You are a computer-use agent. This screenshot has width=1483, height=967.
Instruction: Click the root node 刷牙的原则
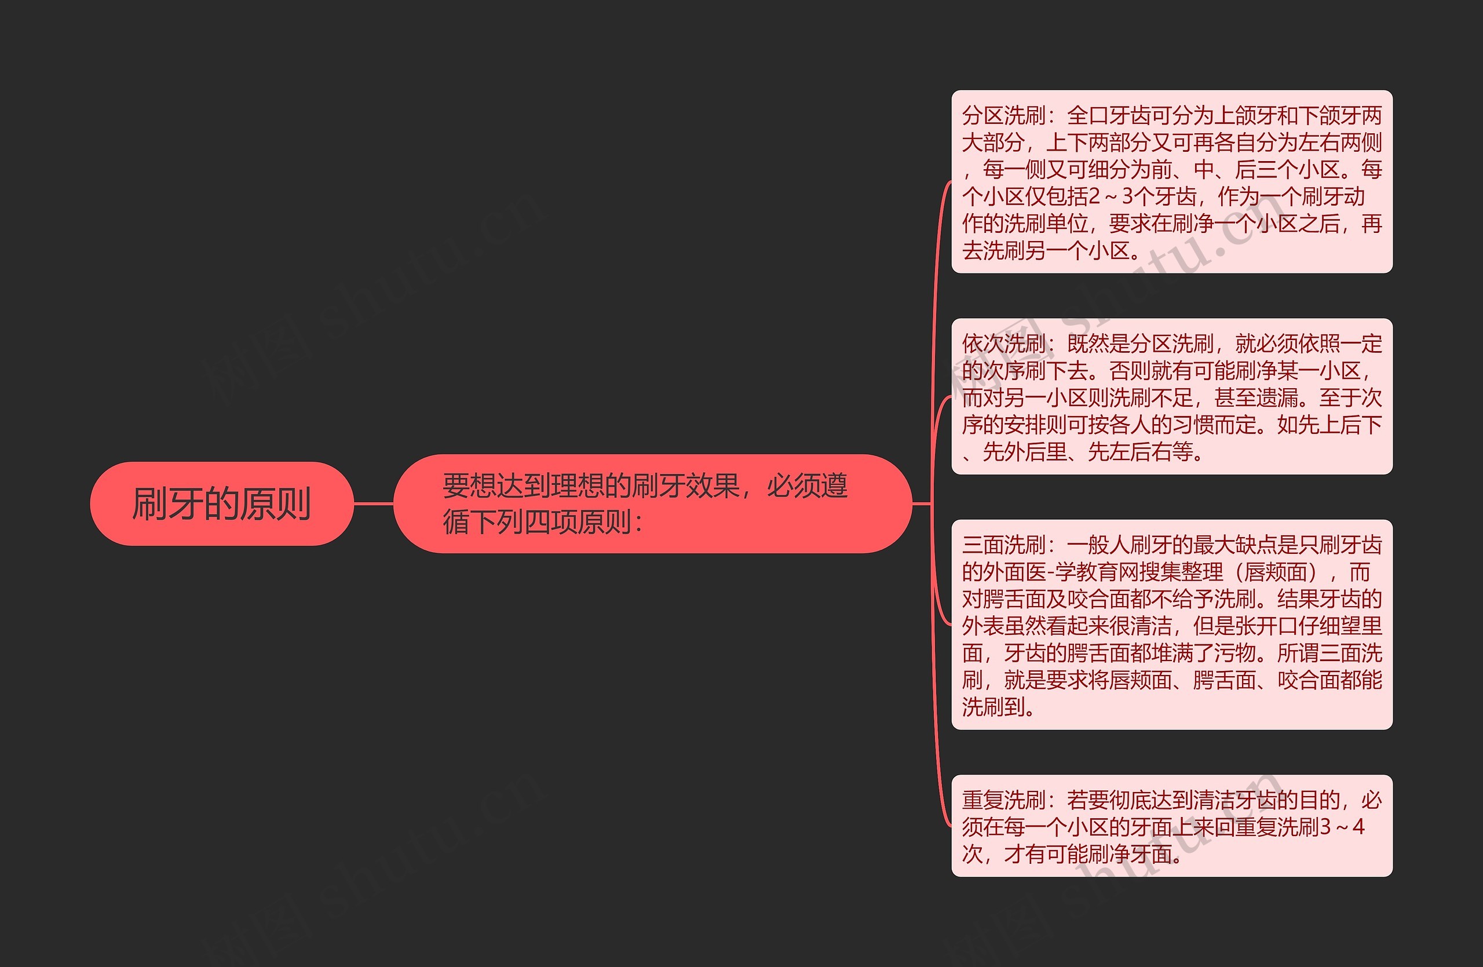[221, 503]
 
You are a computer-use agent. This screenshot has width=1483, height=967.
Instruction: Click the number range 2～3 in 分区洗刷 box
[1112, 197]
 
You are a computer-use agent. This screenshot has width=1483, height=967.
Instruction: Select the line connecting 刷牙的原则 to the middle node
[373, 503]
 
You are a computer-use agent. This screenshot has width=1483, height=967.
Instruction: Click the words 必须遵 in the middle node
[807, 486]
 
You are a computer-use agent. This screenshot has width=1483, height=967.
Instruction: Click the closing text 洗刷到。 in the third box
[997, 707]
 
